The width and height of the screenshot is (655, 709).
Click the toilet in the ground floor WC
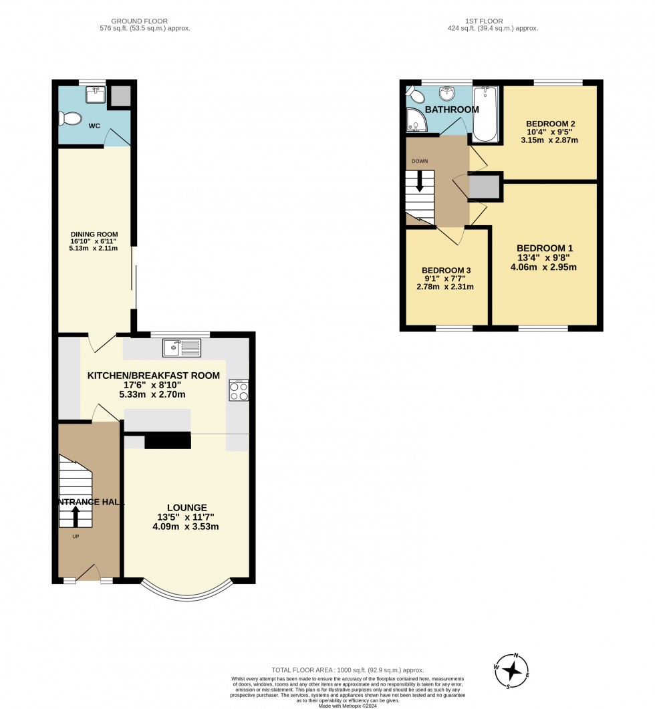click(x=69, y=119)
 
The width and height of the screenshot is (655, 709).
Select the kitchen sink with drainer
click(x=181, y=347)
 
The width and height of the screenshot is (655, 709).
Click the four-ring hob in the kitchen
click(x=239, y=390)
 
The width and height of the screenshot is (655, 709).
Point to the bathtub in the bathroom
click(x=485, y=114)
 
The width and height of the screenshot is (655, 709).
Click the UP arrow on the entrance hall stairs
click(x=74, y=517)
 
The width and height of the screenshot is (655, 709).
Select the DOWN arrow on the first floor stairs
click(x=420, y=180)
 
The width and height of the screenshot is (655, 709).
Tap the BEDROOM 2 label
click(x=551, y=124)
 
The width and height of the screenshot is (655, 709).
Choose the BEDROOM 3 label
click(x=446, y=270)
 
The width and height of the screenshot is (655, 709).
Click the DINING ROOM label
click(x=94, y=234)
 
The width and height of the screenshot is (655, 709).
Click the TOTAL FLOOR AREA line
click(x=348, y=670)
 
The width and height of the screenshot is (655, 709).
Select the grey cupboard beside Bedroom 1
click(x=484, y=188)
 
